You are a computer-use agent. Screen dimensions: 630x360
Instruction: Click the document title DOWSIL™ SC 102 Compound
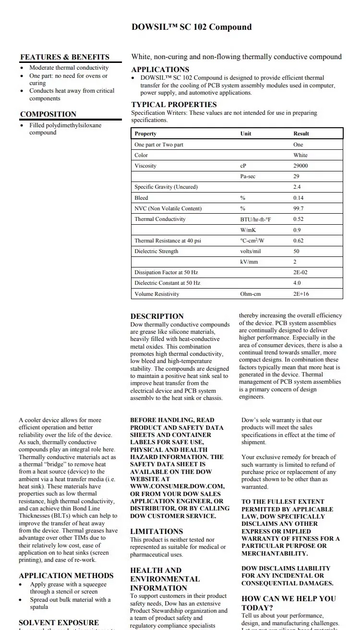point(192,27)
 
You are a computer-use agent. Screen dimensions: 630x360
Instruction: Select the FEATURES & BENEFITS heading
point(65,57)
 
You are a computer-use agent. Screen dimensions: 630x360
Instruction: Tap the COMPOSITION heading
point(48,114)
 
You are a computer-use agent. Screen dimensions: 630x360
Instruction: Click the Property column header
point(145,133)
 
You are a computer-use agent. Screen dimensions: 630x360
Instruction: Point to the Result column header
point(301,133)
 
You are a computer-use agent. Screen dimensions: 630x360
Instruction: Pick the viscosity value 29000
point(300,166)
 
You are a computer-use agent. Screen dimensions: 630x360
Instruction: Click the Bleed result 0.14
point(298,198)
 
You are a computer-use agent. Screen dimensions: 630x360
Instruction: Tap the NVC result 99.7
point(298,208)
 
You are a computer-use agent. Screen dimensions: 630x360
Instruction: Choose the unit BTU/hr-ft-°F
point(255,219)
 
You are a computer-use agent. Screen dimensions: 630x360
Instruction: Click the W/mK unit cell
point(248,230)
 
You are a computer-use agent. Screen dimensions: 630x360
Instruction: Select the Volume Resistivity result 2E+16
point(301,294)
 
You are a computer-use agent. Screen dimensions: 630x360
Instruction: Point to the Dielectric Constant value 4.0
point(297,283)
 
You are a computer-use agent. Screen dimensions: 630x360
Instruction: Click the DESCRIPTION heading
point(157,316)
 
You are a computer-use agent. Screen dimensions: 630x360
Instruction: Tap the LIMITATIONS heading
point(156,532)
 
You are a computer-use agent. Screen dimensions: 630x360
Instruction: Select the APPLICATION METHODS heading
point(66,576)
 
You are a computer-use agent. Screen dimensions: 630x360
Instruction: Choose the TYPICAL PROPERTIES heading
point(174,105)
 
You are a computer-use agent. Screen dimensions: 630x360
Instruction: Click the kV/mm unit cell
point(249,262)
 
